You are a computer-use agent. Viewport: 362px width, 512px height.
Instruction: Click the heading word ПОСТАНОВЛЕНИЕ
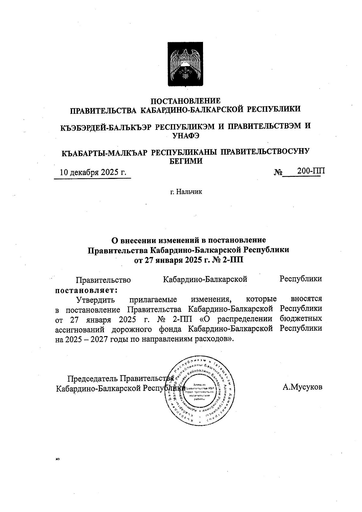[x=186, y=100]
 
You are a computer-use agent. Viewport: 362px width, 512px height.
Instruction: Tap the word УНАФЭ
[x=186, y=136]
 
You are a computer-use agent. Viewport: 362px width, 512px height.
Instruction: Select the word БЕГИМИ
[x=186, y=161]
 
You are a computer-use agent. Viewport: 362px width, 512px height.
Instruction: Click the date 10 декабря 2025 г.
[x=93, y=172]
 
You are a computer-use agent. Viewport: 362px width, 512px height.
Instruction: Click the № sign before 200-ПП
[x=278, y=172]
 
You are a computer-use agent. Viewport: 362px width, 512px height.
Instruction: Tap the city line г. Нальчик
[x=186, y=192]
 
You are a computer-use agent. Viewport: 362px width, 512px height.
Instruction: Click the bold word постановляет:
[x=86, y=290]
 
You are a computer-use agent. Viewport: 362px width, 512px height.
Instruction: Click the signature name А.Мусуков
[x=302, y=387]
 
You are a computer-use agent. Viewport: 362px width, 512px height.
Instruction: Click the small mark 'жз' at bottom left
[x=57, y=460]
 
